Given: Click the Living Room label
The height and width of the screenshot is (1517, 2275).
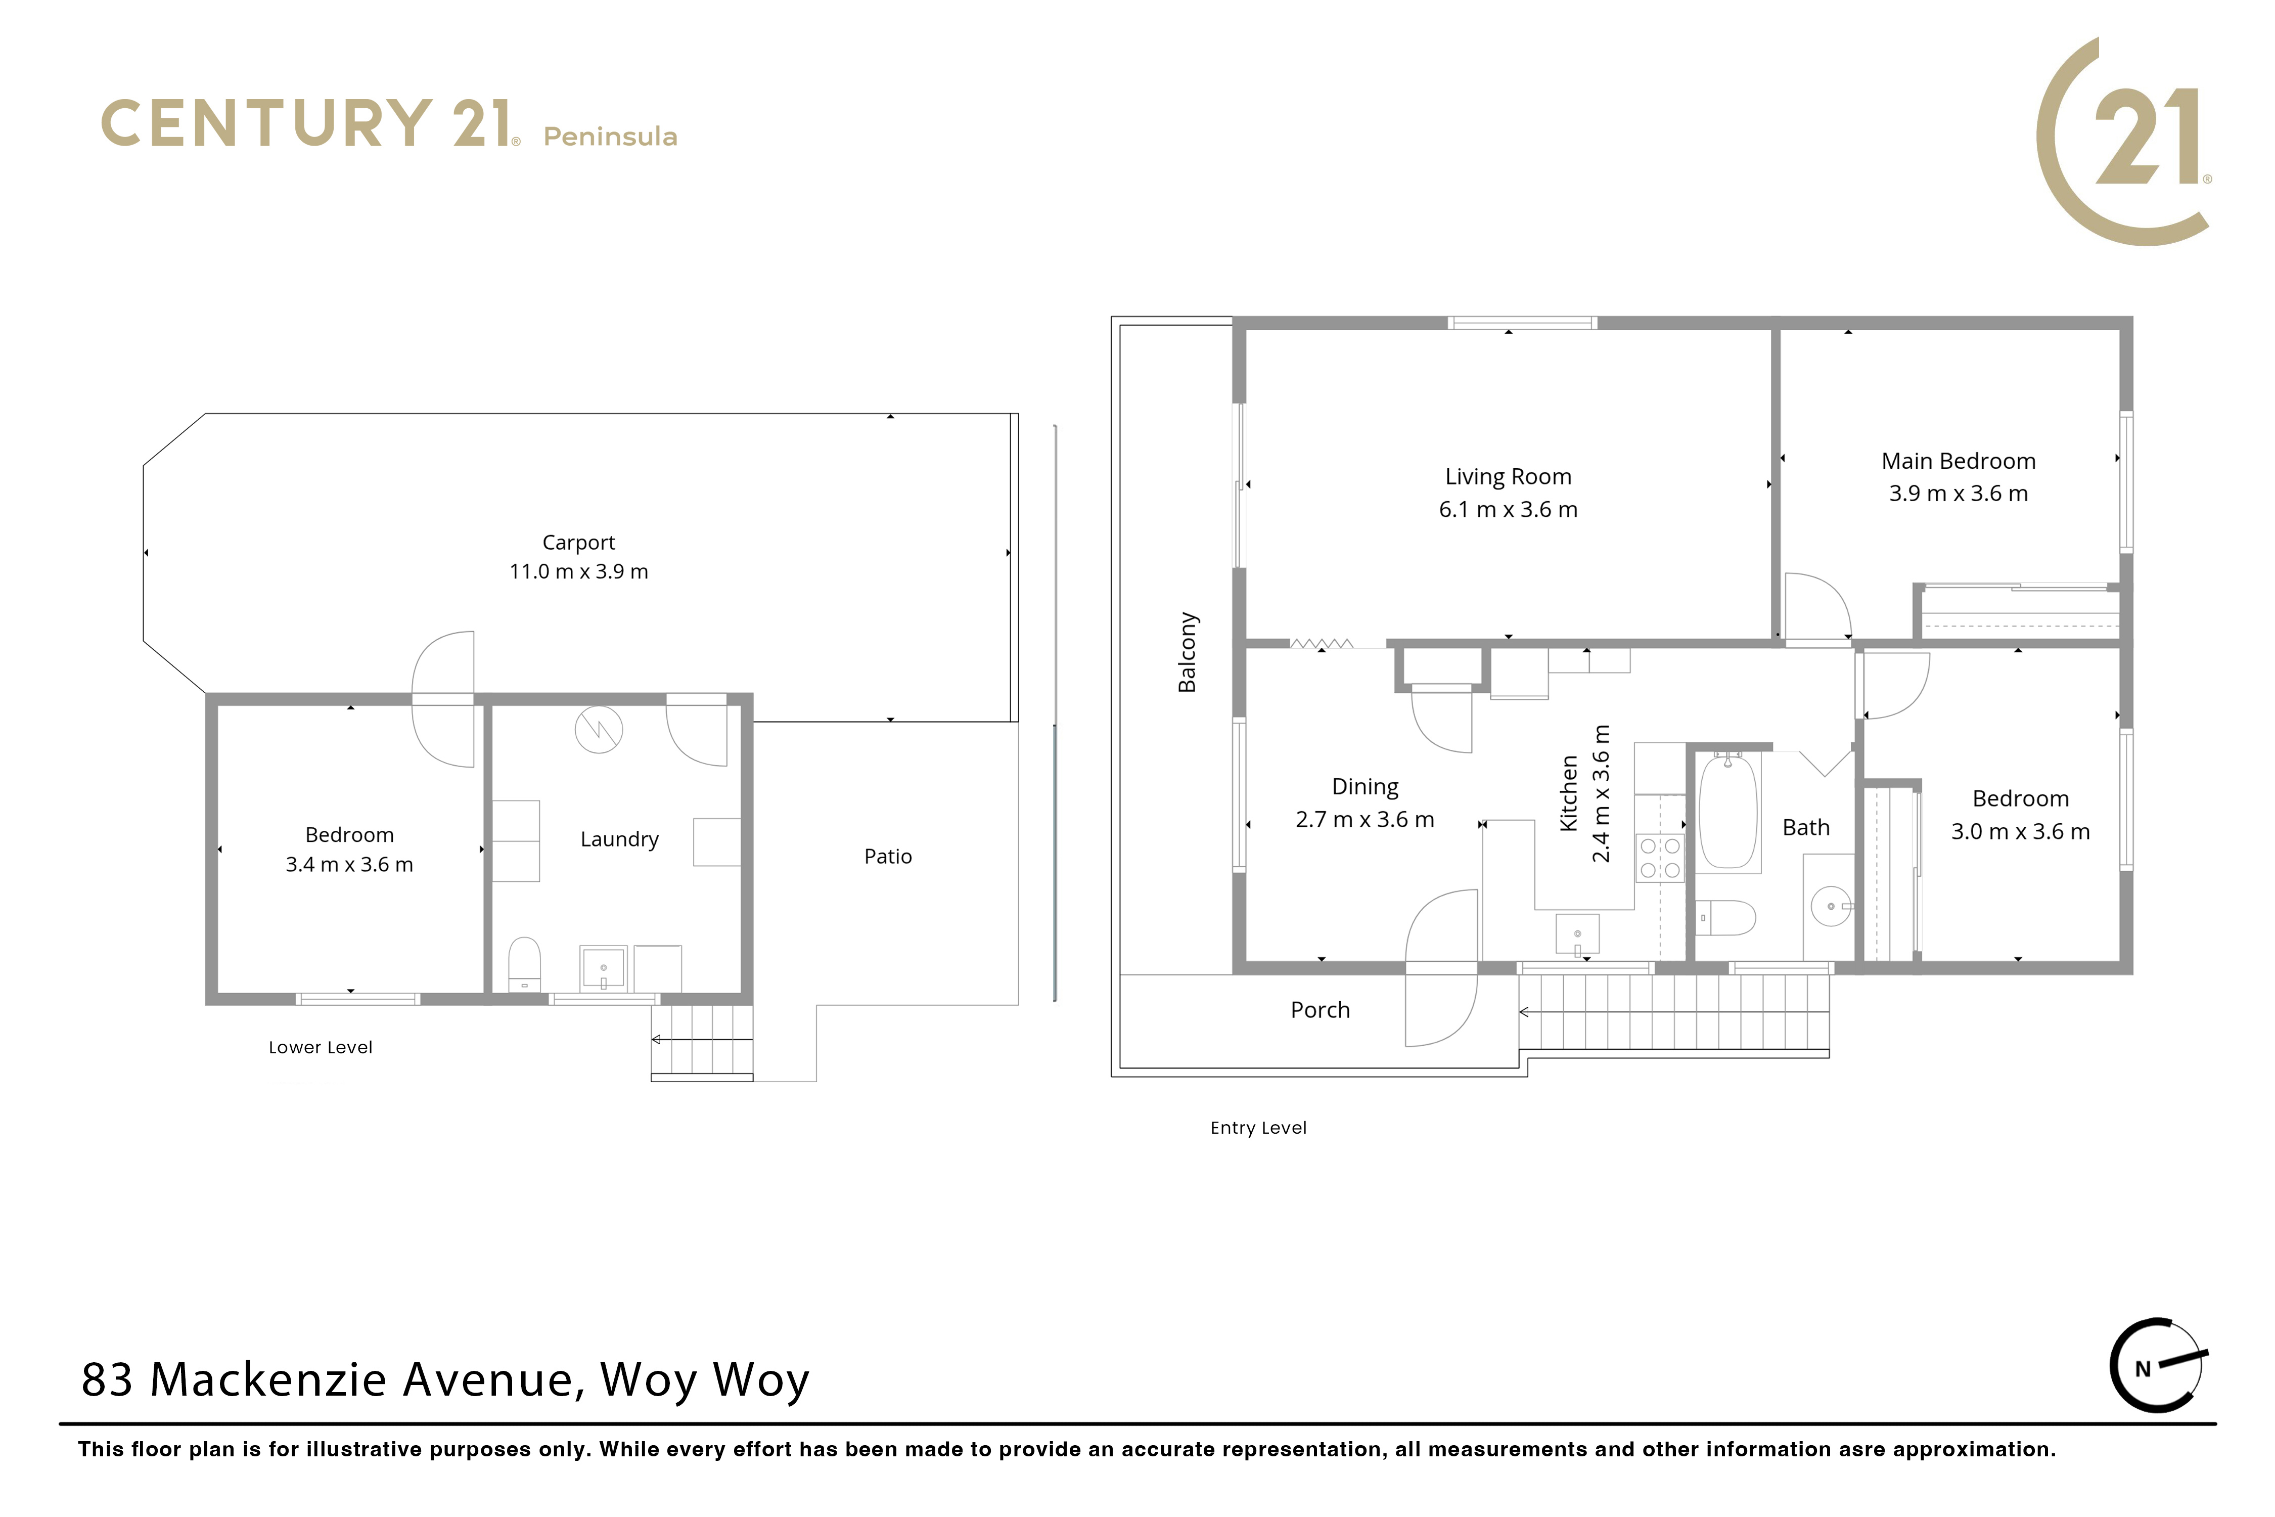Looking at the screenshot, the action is click(x=1508, y=477).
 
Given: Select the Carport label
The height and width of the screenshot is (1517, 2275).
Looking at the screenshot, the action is click(x=578, y=543).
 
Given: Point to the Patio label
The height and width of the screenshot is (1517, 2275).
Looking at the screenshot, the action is click(x=888, y=856).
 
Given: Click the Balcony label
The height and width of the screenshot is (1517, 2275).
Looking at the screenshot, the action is click(x=1187, y=652).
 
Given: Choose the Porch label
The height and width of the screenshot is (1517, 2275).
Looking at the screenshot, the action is click(x=1321, y=1010).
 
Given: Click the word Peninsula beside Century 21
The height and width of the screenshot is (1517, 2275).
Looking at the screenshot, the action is click(x=610, y=137).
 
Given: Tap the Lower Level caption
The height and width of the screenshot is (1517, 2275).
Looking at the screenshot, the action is click(x=320, y=1048).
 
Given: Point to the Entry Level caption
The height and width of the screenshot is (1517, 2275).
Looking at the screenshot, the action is click(x=1258, y=1128).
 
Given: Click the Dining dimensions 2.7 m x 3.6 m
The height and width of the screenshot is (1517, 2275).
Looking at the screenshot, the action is click(x=1365, y=820).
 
